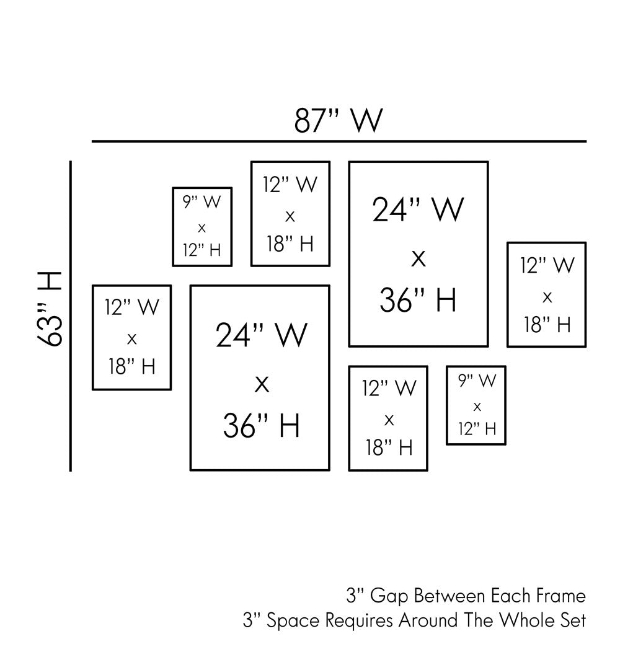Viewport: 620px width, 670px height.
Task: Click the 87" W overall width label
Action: point(338,121)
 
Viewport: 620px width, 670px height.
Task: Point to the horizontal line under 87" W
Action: point(339,142)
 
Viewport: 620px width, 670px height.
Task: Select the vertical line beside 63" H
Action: point(71,316)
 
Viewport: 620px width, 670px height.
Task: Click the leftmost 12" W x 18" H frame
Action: point(131,337)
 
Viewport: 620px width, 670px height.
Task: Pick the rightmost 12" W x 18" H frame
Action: point(546,294)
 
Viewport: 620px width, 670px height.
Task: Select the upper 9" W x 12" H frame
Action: point(202,227)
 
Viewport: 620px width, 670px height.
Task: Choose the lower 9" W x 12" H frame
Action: point(476,405)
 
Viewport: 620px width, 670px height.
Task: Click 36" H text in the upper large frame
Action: point(418,299)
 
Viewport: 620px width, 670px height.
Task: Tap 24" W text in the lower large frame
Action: point(261,335)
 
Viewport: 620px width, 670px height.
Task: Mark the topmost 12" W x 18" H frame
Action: point(290,214)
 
